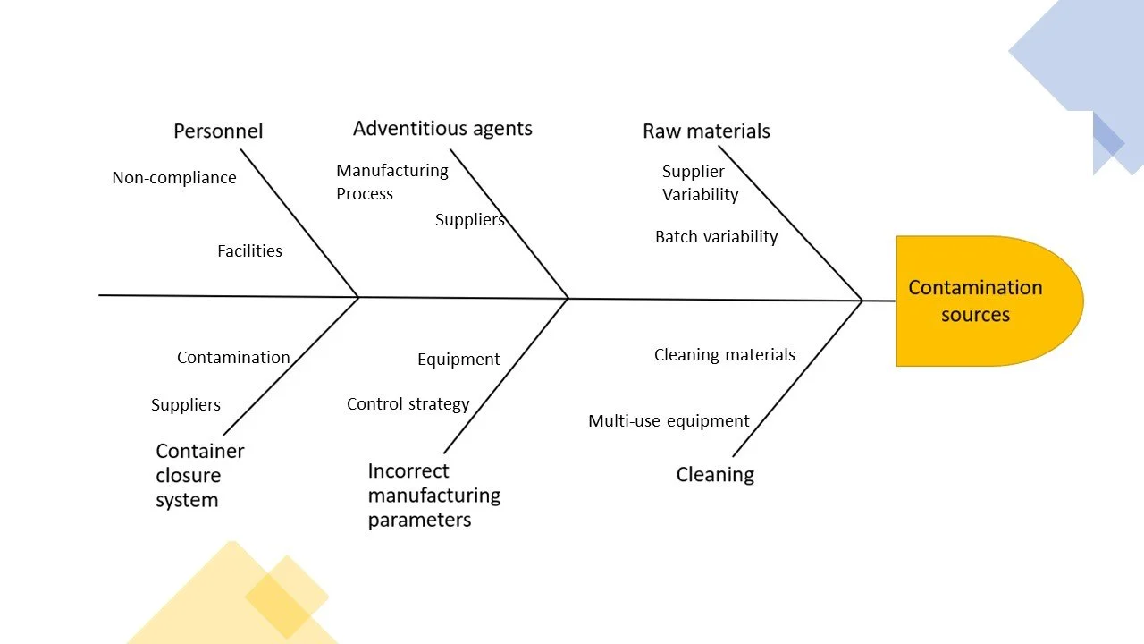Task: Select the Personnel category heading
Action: (218, 131)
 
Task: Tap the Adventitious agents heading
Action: (442, 128)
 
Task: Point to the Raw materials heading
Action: (706, 131)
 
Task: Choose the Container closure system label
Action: (199, 475)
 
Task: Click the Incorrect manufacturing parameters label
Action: (433, 495)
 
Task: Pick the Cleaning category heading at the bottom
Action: (715, 474)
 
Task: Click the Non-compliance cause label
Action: (174, 177)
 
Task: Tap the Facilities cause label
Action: (249, 251)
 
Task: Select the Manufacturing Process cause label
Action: (391, 182)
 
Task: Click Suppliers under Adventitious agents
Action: (469, 220)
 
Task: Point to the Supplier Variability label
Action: (700, 182)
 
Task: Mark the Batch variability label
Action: (716, 237)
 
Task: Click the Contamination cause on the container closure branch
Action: (233, 358)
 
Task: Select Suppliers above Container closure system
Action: (186, 405)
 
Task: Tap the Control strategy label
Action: (408, 404)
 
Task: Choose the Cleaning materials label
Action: (724, 355)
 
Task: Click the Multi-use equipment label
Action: (669, 421)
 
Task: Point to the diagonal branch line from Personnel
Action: (299, 223)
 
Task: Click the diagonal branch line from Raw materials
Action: (790, 223)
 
